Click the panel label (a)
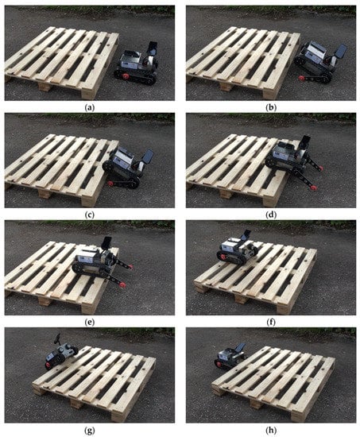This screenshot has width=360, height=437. [90, 108]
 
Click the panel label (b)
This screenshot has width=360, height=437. [271, 108]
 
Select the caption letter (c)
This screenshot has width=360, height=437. [90, 215]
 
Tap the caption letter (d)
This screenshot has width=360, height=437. [271, 215]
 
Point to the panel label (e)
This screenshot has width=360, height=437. [90, 323]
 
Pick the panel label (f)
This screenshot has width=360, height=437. [271, 323]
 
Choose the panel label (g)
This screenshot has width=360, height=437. [90, 431]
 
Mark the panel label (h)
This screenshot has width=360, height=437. [271, 431]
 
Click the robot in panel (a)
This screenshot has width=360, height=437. [137, 64]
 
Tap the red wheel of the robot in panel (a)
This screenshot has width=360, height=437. [126, 75]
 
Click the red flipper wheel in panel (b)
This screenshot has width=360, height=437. [301, 78]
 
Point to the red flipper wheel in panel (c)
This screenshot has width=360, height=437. [110, 183]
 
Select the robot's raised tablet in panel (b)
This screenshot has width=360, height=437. [342, 50]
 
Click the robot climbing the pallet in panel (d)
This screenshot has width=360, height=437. [293, 161]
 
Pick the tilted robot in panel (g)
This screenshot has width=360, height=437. [61, 351]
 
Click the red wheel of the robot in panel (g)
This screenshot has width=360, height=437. [48, 365]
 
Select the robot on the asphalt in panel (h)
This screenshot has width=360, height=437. [230, 357]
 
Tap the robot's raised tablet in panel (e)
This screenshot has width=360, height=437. [106, 242]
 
